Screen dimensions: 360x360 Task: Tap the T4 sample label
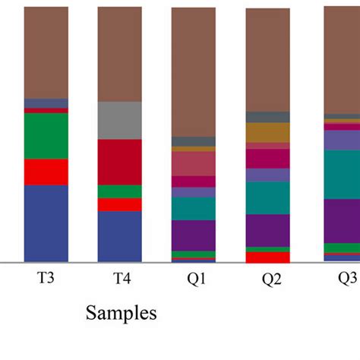[120, 279]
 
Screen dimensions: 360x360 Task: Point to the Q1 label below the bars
[194, 279]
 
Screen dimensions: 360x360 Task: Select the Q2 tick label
[267, 279]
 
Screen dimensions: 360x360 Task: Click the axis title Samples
[122, 312]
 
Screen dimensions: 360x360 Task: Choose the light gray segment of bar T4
[120, 120]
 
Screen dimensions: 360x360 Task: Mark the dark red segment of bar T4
[120, 162]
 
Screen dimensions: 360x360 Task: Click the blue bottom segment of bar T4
[120, 236]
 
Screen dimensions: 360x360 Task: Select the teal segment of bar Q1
[194, 209]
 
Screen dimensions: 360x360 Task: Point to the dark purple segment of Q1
[194, 235]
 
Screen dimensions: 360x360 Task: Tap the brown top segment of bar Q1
[194, 72]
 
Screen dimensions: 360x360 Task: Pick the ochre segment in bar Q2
[267, 132]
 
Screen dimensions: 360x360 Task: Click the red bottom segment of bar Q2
[267, 257]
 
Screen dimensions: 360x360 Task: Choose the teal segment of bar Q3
[342, 174]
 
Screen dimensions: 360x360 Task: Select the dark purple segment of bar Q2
[267, 230]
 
